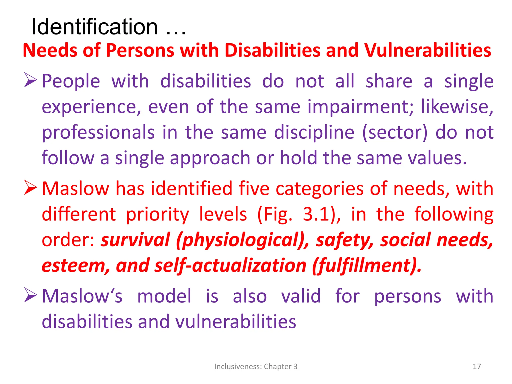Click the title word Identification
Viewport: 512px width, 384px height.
(94, 27)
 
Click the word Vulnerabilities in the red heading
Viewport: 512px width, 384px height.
(427, 50)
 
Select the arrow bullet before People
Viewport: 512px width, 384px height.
(30, 80)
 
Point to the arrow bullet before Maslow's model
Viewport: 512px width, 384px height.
(30, 295)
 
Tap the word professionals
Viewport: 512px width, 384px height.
(98, 132)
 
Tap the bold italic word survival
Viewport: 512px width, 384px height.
(135, 240)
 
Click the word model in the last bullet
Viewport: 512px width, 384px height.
(164, 296)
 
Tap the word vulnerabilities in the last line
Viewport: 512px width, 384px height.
(236, 322)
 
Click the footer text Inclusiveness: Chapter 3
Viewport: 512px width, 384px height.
(256, 366)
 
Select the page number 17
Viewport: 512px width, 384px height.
(477, 366)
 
